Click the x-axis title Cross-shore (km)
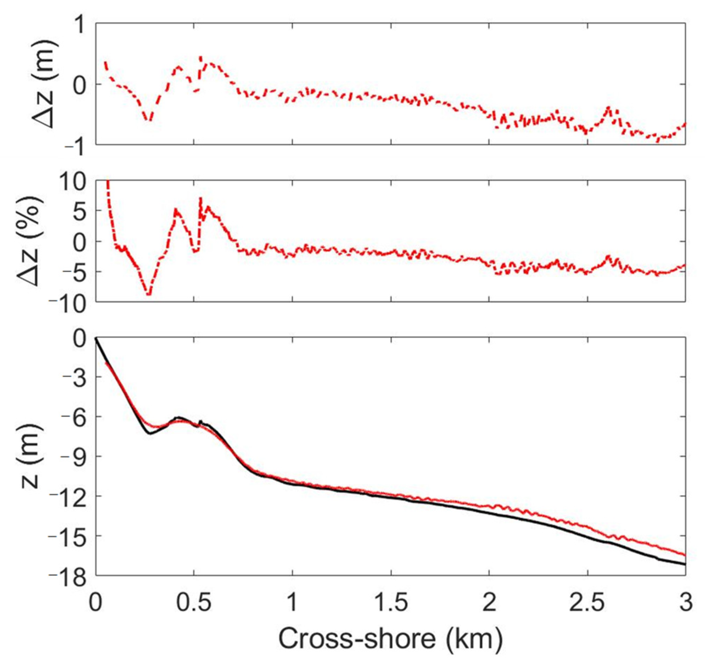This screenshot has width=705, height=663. point(390,639)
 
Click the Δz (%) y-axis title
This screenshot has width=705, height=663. point(31,241)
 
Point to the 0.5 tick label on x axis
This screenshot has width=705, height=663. point(194,604)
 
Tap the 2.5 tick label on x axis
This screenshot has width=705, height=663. point(588,604)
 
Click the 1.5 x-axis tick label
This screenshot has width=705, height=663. point(391,604)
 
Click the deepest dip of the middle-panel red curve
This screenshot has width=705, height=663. point(149,294)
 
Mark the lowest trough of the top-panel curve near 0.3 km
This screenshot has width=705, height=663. point(150,120)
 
